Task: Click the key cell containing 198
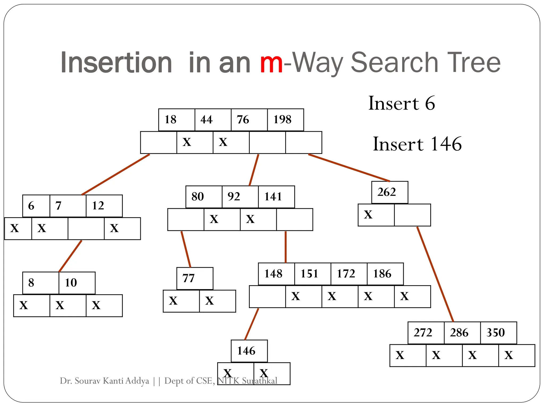[285, 120]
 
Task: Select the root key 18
[176, 120]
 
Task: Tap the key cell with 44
[213, 120]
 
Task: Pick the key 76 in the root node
[249, 120]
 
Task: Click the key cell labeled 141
[276, 197]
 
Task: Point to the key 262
[389, 192]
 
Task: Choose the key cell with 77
[195, 278]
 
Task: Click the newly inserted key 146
[249, 351]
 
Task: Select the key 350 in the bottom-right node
[498, 333]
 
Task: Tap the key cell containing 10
[77, 283]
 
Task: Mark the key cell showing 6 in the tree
[36, 206]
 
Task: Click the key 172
[349, 274]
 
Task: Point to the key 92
[240, 197]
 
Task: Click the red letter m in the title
[271, 63]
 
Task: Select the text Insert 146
[417, 144]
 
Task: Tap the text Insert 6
[402, 103]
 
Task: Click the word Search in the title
[394, 63]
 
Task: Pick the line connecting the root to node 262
[349, 168]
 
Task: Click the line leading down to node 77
[186, 249]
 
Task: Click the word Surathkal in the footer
[260, 381]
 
